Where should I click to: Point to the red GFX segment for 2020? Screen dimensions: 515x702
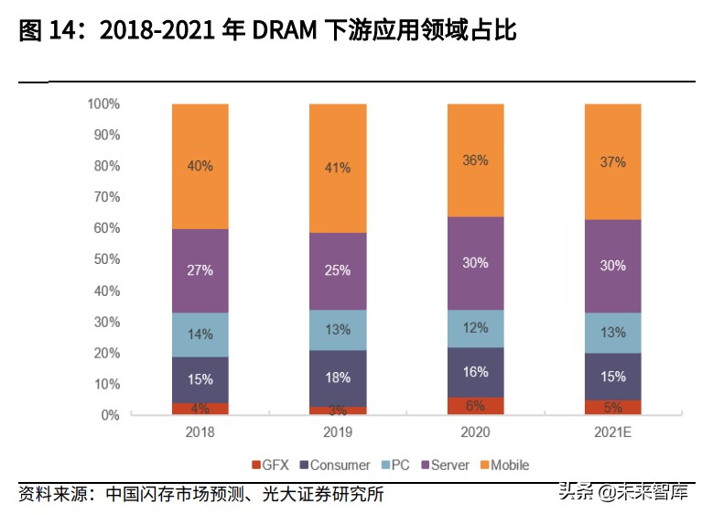475,406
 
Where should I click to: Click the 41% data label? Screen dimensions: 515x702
338,168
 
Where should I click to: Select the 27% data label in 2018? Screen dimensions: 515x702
200,270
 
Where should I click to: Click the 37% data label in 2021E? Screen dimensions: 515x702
612,162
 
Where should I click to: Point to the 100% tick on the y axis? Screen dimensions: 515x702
103,104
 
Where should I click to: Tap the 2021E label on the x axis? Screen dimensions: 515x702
612,432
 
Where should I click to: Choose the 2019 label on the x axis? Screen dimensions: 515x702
338,432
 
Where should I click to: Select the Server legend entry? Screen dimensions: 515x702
444,466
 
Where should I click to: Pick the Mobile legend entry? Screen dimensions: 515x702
503,466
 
